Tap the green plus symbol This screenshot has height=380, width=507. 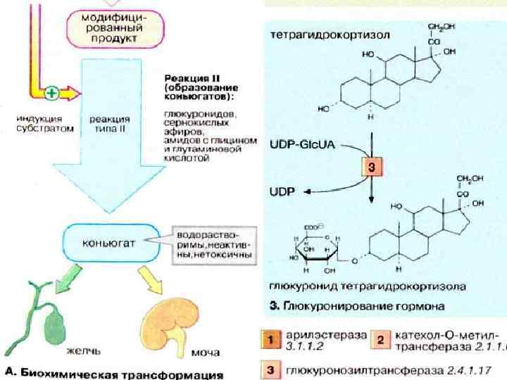point(52,92)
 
